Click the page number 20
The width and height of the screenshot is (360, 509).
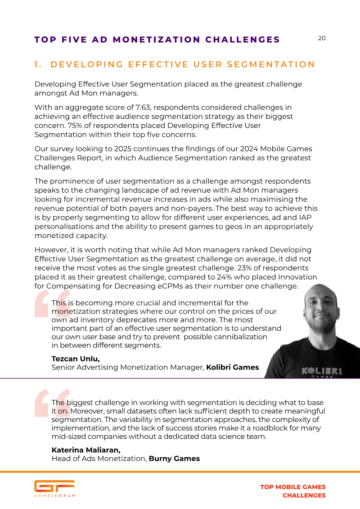coord(322,38)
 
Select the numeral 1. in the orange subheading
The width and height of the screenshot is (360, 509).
coord(38,64)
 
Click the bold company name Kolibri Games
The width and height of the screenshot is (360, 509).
coord(232,367)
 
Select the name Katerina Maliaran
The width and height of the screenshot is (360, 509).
coord(86,450)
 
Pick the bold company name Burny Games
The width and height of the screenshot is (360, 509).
coord(174,459)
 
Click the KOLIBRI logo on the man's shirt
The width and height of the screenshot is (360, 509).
coord(321,371)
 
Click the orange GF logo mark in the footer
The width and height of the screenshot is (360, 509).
coord(54,486)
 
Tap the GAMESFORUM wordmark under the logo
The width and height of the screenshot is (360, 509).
coord(54,495)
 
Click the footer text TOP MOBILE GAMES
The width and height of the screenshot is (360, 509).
coord(293,487)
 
